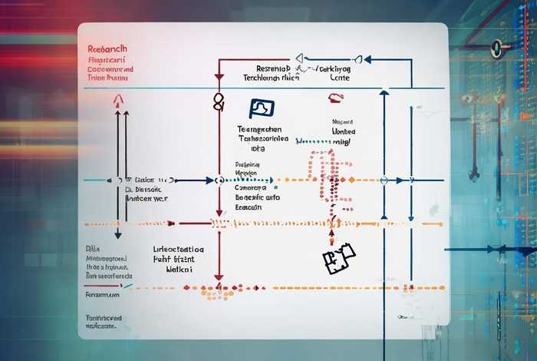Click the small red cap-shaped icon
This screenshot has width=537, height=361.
click(334, 98)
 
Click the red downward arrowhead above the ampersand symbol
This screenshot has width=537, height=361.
click(219, 78)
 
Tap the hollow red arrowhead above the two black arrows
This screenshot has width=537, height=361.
click(117, 100)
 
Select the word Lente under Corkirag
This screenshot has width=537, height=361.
click(339, 78)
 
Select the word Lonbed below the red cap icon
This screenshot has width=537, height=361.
click(344, 131)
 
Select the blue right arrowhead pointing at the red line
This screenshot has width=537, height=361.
click(209, 180)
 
